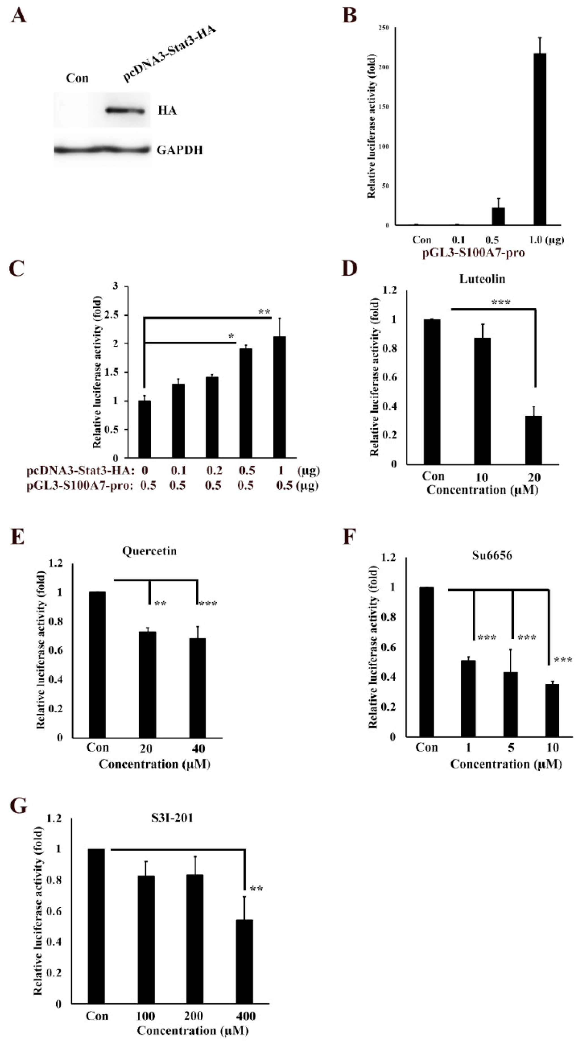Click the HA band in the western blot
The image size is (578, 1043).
coord(125,111)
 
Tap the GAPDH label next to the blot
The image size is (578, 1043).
coord(180,150)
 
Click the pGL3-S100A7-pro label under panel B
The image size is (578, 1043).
coord(474,253)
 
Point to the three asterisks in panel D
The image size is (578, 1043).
coord(501,302)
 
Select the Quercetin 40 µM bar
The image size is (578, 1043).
coord(197,688)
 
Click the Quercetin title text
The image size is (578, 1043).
coord(150,551)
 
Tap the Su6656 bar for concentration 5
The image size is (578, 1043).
coord(510,704)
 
